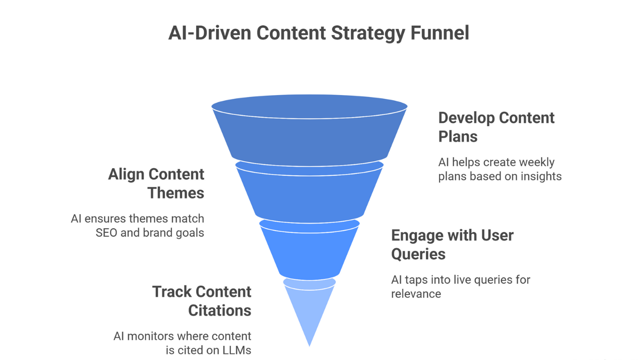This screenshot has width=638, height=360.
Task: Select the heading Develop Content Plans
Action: pos(496,127)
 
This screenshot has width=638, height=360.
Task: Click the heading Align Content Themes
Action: pos(156,183)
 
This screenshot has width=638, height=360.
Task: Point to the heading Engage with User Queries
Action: pos(452,244)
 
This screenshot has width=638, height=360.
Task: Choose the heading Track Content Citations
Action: pos(202,301)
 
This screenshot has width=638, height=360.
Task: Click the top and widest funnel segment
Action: pos(310,134)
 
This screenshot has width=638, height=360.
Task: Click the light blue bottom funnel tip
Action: pos(310,309)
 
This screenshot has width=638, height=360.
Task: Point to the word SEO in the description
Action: pos(106,232)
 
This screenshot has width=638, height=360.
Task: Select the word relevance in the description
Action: pos(416,294)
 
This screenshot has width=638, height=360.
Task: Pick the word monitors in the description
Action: pos(151,336)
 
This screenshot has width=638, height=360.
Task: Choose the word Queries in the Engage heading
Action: pos(418,254)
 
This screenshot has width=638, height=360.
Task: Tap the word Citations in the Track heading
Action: pos(220,310)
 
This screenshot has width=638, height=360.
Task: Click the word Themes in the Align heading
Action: pos(176,193)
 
